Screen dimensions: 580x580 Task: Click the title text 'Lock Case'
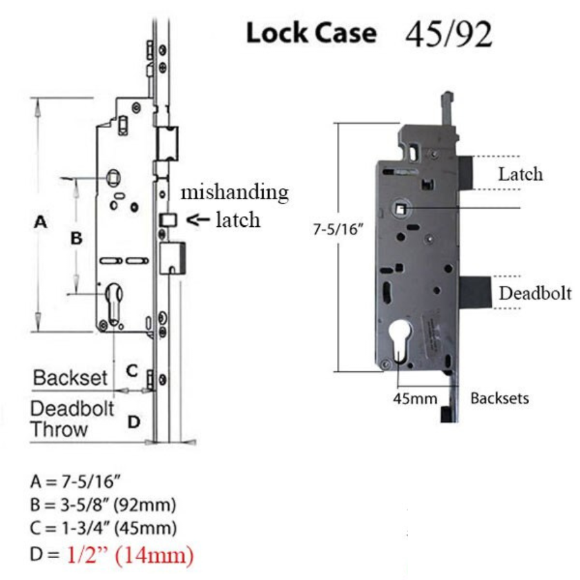tap(311, 34)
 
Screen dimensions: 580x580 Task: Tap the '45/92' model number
tap(449, 34)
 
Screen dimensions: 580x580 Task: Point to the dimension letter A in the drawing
tap(41, 222)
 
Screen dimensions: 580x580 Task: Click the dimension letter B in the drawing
tap(76, 238)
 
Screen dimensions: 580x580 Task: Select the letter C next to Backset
tap(132, 371)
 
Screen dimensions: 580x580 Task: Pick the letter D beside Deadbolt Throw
tap(133, 422)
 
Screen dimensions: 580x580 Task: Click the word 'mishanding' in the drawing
tap(234, 192)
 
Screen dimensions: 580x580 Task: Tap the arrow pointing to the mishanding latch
tap(197, 220)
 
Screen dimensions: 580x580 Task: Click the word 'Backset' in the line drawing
tap(70, 378)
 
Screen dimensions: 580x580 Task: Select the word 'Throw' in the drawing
tap(59, 429)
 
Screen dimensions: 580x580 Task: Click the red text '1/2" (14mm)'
tap(130, 555)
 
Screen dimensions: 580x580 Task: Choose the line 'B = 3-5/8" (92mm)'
tap(102, 505)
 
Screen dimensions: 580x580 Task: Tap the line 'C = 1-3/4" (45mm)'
tap(102, 529)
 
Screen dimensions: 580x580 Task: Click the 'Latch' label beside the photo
tap(520, 174)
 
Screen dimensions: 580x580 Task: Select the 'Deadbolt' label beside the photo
tap(536, 293)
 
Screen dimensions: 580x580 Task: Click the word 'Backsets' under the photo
tap(499, 398)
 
